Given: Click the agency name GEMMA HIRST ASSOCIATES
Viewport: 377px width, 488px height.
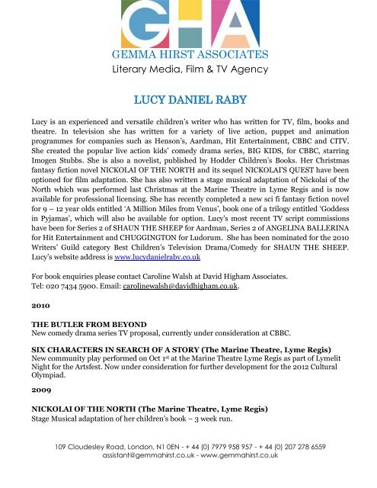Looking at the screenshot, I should (x=190, y=55).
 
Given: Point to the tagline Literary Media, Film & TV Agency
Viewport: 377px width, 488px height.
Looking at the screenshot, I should (x=189, y=70).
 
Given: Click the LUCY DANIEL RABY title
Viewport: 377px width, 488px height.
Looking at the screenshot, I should (x=189, y=99).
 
